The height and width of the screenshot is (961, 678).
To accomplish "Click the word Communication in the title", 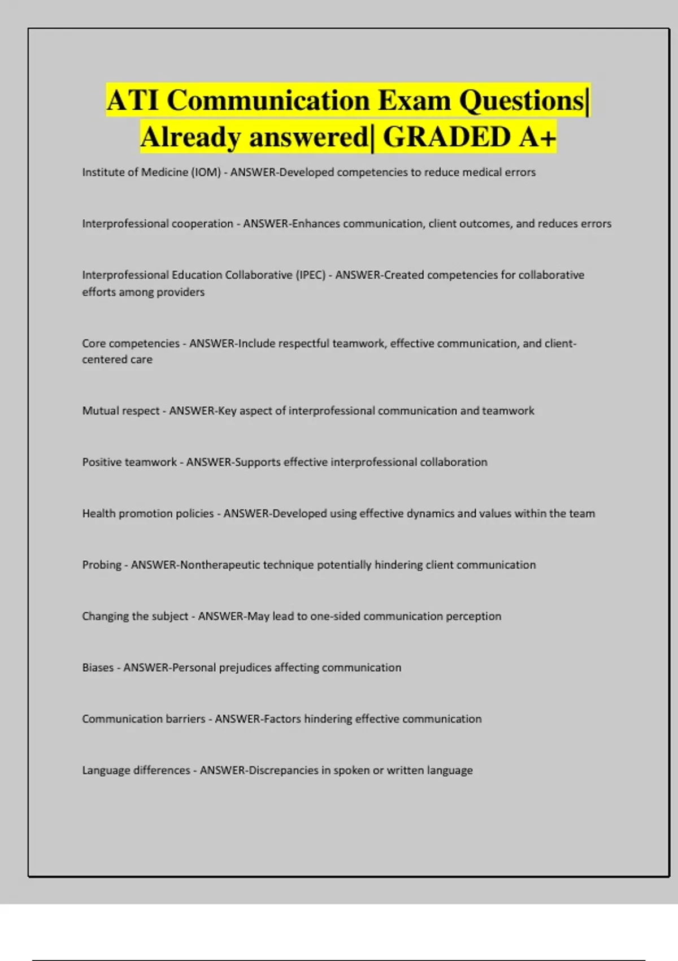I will [268, 101].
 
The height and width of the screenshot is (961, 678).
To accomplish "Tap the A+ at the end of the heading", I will [536, 137].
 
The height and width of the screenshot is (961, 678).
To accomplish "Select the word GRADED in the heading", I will [446, 137].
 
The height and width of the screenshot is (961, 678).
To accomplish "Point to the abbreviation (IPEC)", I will [310, 275].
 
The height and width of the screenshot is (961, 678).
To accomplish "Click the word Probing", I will [102, 565].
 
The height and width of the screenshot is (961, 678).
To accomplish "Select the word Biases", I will [98, 668].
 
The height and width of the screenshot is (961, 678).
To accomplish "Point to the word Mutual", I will [101, 411].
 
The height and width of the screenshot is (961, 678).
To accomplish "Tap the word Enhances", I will [316, 224].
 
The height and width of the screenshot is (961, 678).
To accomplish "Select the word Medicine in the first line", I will [164, 172].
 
